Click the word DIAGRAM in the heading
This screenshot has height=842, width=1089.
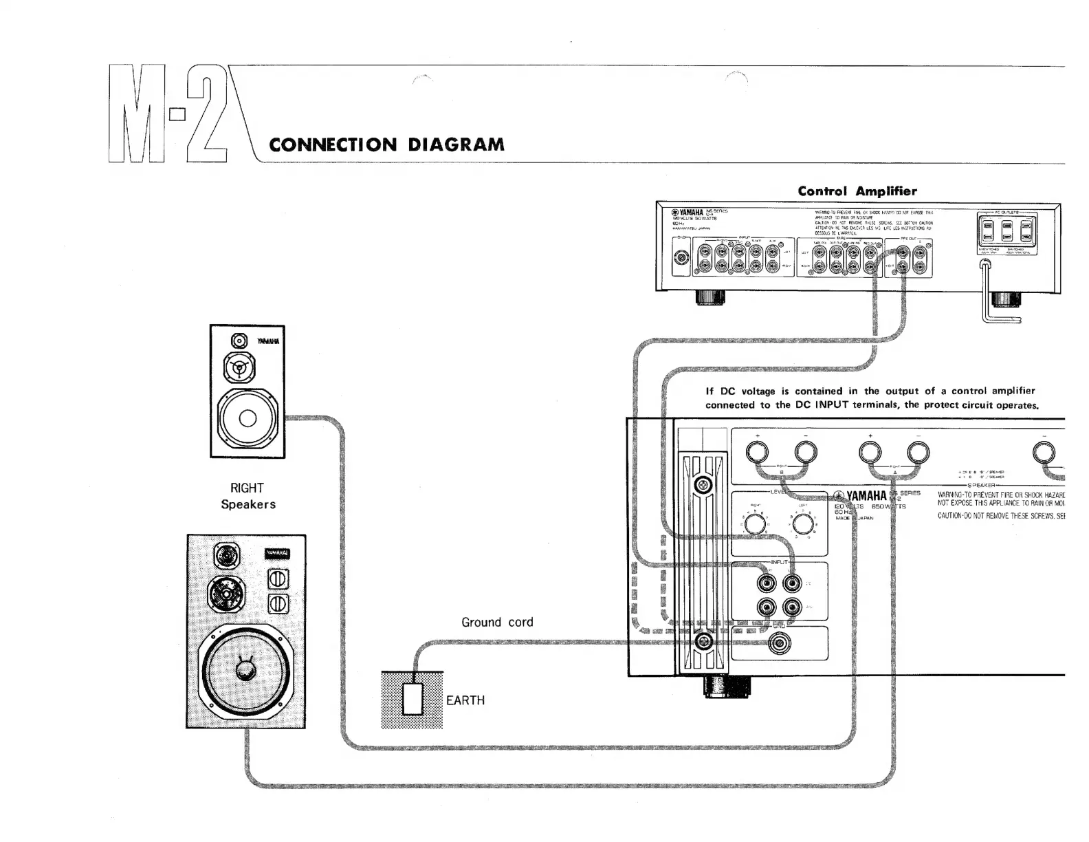(x=456, y=144)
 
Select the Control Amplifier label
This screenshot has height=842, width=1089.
(x=857, y=191)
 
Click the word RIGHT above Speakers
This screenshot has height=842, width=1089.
(x=247, y=488)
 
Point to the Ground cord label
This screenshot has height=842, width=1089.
(x=497, y=622)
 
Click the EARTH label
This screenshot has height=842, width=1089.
(x=465, y=700)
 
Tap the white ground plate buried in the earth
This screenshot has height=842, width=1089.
(x=412, y=699)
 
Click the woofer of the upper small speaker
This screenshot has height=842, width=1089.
(x=247, y=418)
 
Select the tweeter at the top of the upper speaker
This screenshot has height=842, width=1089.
(x=239, y=341)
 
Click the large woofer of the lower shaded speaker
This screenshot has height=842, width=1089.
(x=245, y=670)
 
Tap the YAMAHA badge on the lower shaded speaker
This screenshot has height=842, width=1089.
(x=277, y=554)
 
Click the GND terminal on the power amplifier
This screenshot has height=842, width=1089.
(x=779, y=644)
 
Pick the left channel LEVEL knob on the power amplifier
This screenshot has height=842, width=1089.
(x=802, y=525)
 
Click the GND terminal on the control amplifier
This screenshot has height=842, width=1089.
(x=681, y=258)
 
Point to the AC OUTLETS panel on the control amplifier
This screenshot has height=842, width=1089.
(x=1006, y=233)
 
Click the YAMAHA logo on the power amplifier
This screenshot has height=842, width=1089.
(x=860, y=496)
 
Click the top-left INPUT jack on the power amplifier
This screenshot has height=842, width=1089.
(x=767, y=584)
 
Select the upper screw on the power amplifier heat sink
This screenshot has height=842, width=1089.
(x=703, y=485)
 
